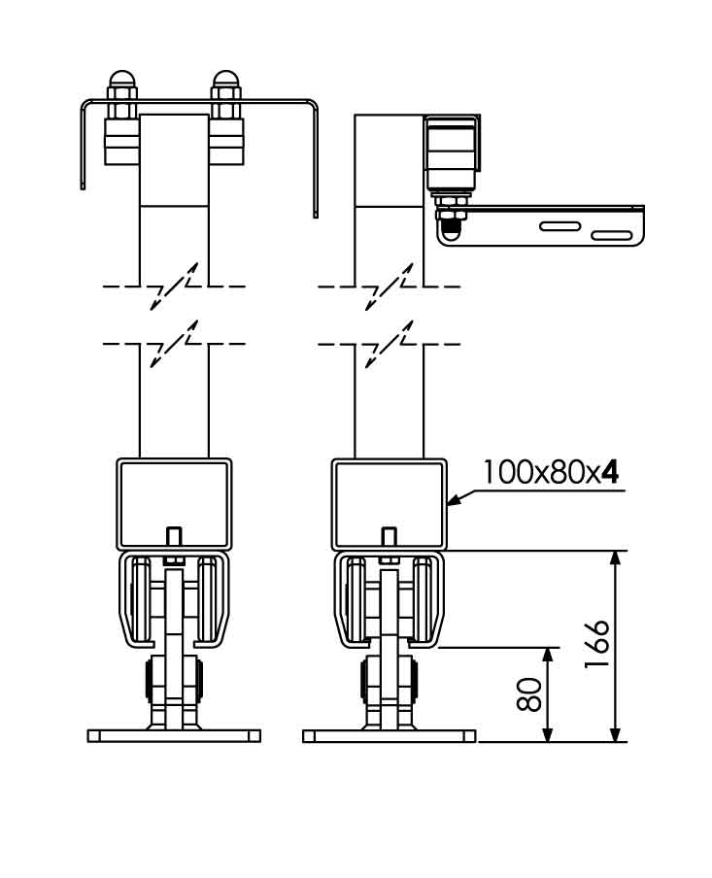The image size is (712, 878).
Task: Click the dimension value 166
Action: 598,643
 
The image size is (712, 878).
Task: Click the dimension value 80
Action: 530,694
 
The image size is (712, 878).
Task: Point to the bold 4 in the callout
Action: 610,472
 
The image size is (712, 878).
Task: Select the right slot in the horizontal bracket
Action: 611,235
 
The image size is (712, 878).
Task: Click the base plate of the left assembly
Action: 175,735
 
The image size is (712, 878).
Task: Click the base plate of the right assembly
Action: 389,735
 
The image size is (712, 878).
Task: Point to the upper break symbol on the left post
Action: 176,287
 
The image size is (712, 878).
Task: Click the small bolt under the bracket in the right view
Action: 451,225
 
